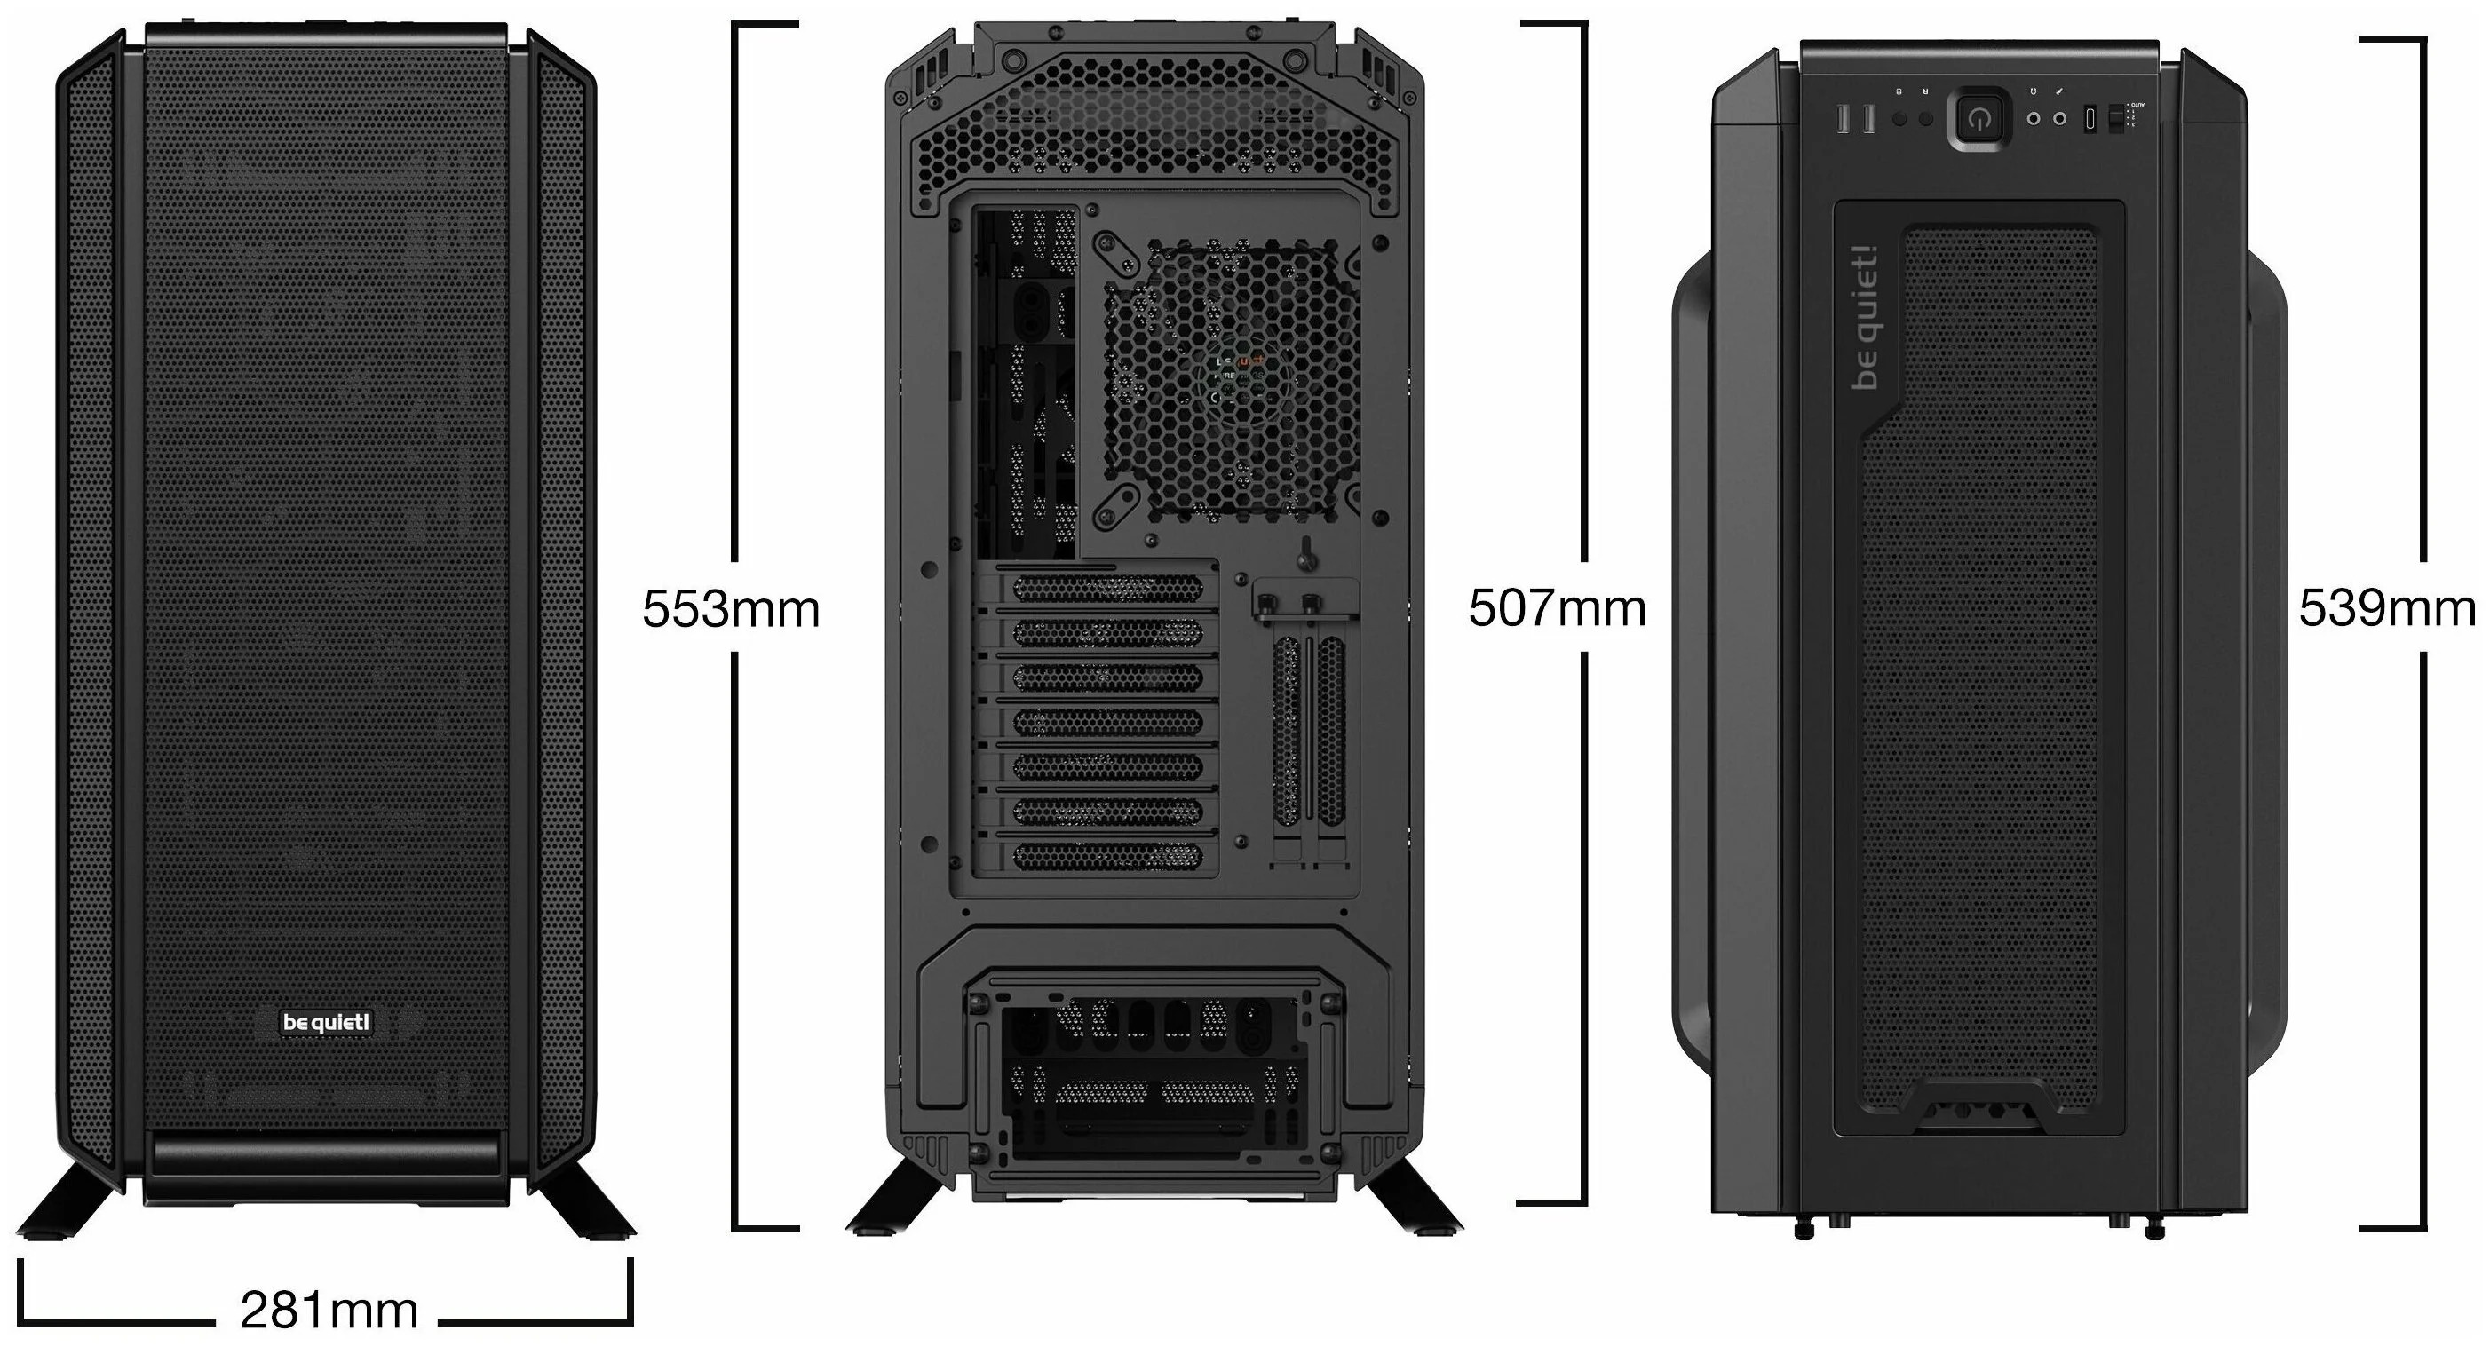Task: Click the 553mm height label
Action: coord(731,609)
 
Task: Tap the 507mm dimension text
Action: coord(1556,609)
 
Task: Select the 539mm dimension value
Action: coord(2385,609)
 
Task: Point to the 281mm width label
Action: coord(329,1311)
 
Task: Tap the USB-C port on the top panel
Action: coord(2090,120)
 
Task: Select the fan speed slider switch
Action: coord(2115,119)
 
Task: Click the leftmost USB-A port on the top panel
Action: coord(1842,119)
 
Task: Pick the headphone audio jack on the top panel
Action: coord(2034,119)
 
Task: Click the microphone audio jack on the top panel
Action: coord(2060,119)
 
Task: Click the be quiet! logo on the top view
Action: coord(1866,319)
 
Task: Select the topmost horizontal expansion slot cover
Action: coord(1107,589)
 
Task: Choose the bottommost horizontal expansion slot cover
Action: coord(1107,855)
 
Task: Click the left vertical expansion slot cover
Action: coord(1287,732)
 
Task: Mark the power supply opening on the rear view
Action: coord(1150,1082)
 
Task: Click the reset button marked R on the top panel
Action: coord(1925,119)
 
